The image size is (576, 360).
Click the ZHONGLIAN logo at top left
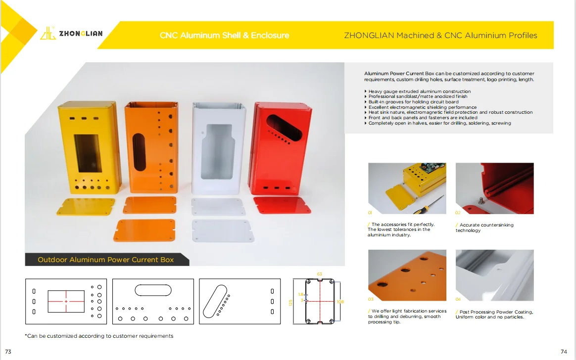pyautogui.click(x=72, y=34)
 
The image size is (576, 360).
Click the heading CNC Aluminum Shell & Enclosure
pyautogui.click(x=224, y=36)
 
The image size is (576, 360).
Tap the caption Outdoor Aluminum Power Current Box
pyautogui.click(x=106, y=260)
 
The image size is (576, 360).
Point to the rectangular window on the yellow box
pyautogui.click(x=88, y=153)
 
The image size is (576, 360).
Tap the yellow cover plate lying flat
pyautogui.click(x=86, y=206)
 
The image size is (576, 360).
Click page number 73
pyautogui.click(x=8, y=351)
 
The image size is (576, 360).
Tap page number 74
pyautogui.click(x=564, y=352)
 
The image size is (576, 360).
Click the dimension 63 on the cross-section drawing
pyautogui.click(x=319, y=274)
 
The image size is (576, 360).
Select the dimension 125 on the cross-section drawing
pyautogui.click(x=290, y=302)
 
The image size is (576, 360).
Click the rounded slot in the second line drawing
pyautogui.click(x=153, y=289)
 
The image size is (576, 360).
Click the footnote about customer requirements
pyautogui.click(x=99, y=336)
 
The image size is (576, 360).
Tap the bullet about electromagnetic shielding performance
pyautogui.click(x=423, y=107)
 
